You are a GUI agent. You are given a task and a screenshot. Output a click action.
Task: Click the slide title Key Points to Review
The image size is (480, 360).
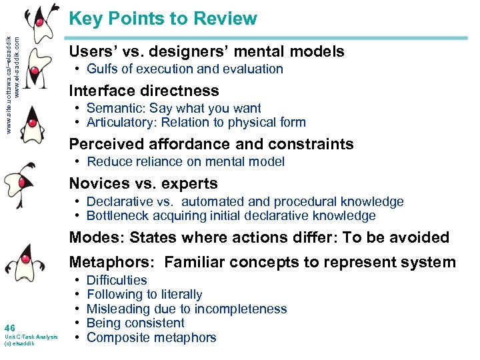point(163,19)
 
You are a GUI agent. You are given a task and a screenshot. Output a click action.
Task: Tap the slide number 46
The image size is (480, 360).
point(9,327)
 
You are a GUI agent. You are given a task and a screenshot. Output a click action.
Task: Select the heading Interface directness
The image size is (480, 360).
point(144,91)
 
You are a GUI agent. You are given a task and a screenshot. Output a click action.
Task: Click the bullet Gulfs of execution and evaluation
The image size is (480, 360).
point(185,69)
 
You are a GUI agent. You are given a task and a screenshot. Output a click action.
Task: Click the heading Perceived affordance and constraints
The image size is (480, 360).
point(211,144)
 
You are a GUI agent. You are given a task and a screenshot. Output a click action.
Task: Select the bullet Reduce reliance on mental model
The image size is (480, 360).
point(185,161)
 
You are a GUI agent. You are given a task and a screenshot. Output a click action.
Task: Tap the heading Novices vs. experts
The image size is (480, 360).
point(143,183)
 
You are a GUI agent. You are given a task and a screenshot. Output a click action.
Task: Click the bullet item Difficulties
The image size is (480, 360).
point(117,280)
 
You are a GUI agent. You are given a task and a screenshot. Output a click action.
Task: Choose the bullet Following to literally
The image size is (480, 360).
point(144,294)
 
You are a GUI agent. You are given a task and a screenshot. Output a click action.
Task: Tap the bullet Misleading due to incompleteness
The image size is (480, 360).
point(187,309)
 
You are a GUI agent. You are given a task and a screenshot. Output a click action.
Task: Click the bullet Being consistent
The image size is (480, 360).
point(135,323)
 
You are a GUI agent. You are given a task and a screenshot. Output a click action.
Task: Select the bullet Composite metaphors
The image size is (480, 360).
point(151,337)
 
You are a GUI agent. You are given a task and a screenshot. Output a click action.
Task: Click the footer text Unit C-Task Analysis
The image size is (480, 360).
point(31,337)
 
